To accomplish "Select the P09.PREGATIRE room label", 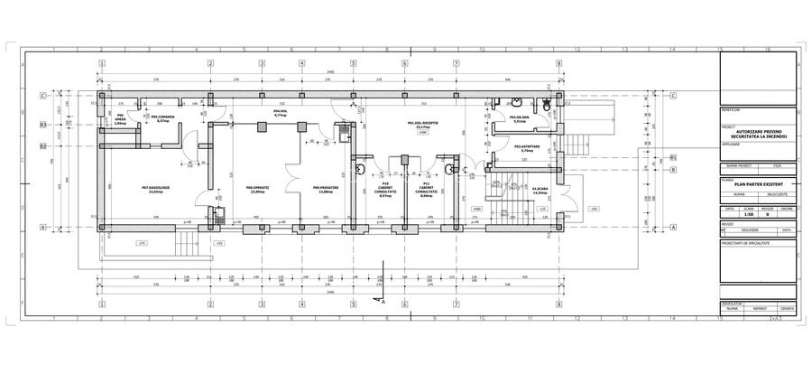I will click(x=322, y=191).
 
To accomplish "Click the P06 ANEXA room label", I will click(x=120, y=118).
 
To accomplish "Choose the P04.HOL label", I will click(x=279, y=115).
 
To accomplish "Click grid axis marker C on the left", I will click(x=42, y=95).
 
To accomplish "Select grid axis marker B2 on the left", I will click(x=42, y=146).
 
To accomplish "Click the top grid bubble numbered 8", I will click(x=559, y=63).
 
